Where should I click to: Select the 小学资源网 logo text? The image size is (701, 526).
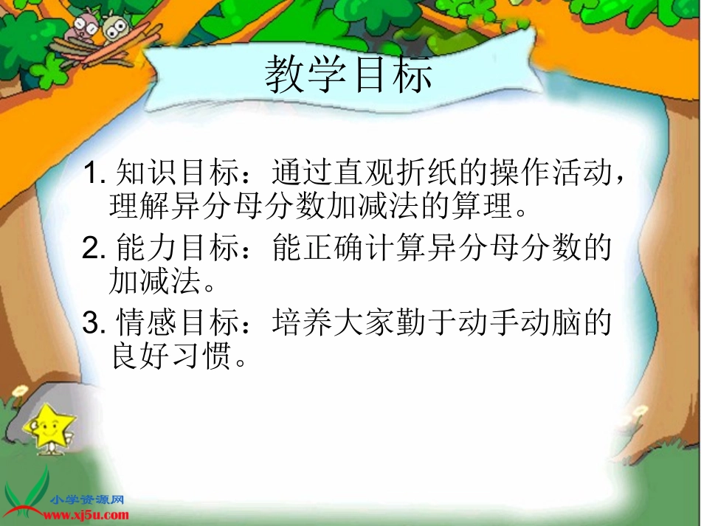tap(88, 500)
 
